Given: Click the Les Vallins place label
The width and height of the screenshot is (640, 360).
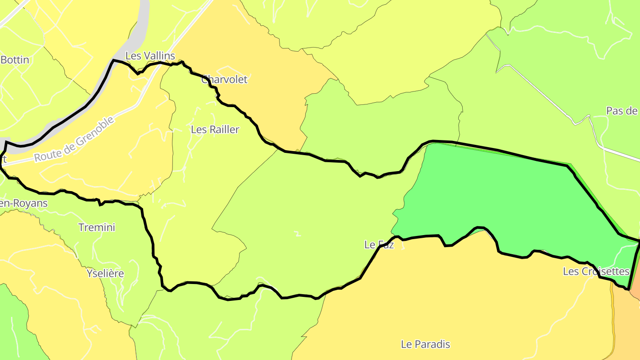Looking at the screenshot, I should (x=150, y=56).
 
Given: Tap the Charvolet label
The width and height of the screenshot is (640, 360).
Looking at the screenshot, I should (x=224, y=80).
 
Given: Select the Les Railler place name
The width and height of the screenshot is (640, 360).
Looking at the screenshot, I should (x=215, y=130).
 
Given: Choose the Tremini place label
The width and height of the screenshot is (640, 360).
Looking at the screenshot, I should (x=96, y=228).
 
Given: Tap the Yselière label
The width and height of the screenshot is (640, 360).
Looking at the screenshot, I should (x=105, y=273).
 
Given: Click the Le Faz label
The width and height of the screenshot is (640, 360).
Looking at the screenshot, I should (x=379, y=244).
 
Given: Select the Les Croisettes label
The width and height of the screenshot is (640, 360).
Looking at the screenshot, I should (x=596, y=271).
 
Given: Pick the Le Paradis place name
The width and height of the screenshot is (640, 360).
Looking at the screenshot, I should (x=425, y=344).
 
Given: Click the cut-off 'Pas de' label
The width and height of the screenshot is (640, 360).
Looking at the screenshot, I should (x=622, y=111).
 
